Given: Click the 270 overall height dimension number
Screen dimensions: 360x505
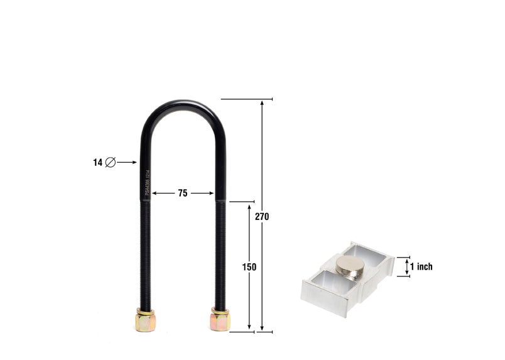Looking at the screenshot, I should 262,216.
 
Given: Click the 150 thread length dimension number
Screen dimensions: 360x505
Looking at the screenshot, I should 249,267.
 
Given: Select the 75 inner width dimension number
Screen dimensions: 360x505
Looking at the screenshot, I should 182,194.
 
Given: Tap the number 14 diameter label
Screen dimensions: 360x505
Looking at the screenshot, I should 97,162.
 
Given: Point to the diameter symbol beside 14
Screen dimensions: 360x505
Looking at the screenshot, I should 110,162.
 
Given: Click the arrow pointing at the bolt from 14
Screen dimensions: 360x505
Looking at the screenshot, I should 127,162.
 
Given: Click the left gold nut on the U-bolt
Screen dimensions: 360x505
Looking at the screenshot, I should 144,321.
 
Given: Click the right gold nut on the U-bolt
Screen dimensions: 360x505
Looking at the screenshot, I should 220,320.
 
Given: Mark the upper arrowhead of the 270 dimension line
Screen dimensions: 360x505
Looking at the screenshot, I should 262,103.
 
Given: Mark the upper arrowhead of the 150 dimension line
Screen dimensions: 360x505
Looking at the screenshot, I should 249,205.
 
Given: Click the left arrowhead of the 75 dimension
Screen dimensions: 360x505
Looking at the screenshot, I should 155,194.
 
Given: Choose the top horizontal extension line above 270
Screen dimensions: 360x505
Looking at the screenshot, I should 246,99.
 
